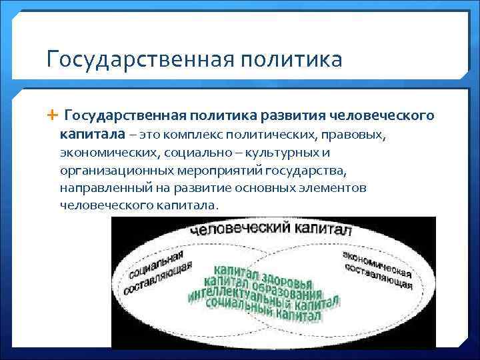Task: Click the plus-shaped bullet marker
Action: [53, 116]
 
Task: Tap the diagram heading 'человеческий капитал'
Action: [271, 231]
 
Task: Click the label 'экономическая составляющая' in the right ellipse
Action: [377, 270]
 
